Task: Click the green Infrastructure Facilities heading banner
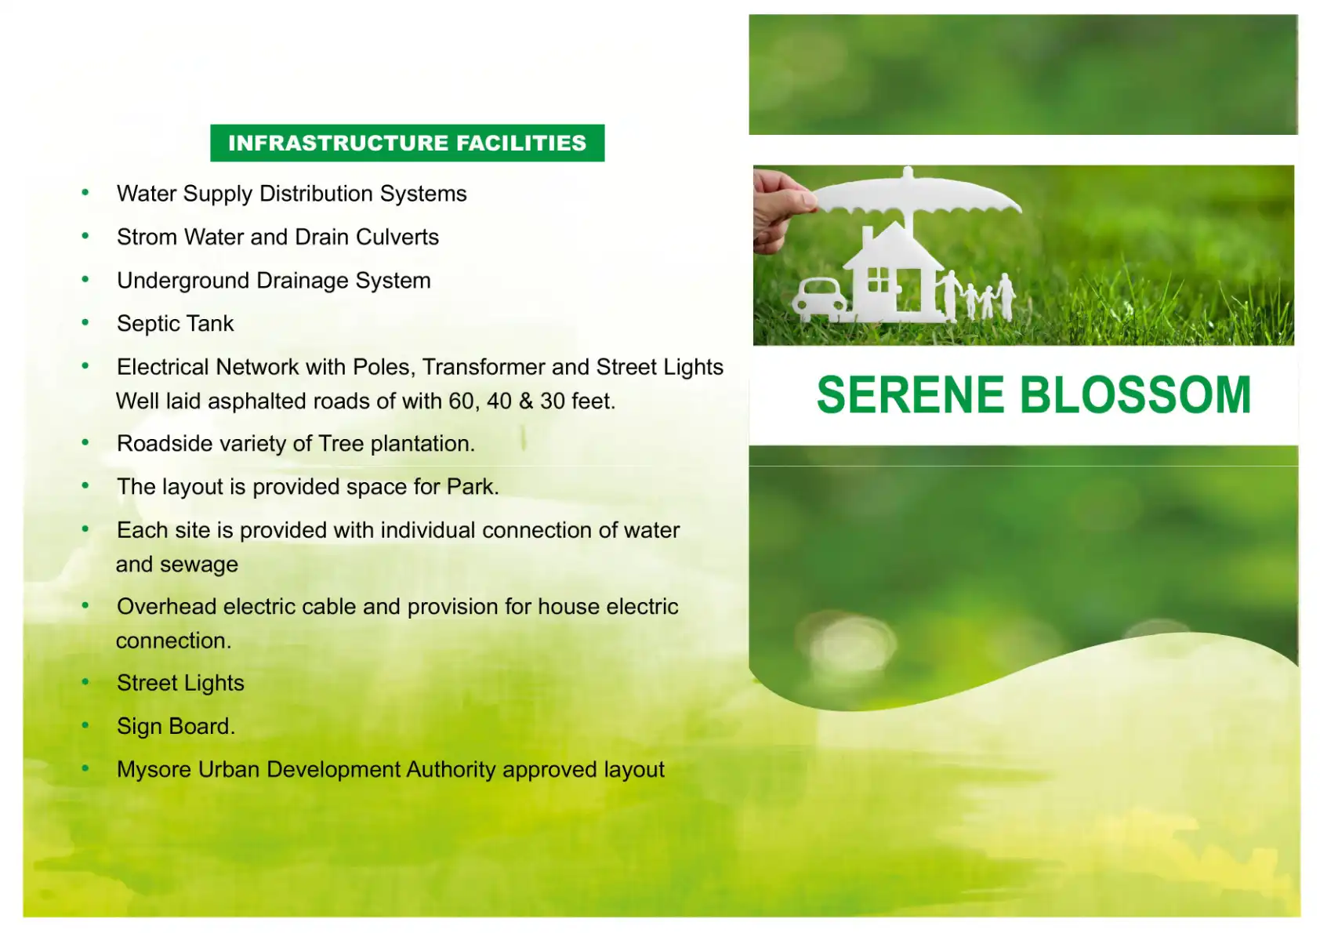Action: [407, 143]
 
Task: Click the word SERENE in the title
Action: [910, 395]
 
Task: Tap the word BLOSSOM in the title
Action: [1135, 395]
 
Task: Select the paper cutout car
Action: [820, 300]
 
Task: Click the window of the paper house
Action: [878, 279]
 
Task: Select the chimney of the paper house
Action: [867, 238]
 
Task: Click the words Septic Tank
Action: [175, 324]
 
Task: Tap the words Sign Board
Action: [176, 726]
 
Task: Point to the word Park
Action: [473, 487]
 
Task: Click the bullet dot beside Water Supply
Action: [85, 192]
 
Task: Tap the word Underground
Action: [183, 281]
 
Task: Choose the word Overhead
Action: [167, 607]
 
